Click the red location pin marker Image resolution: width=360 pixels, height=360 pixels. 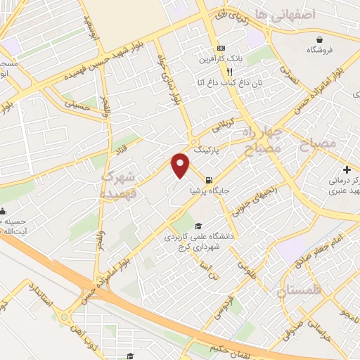pyautogui.click(x=181, y=166)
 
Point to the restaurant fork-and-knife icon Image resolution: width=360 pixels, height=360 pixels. pyautogui.click(x=229, y=71)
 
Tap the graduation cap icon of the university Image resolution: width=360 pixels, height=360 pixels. pyautogui.click(x=199, y=226)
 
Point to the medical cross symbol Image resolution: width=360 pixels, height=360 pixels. pyautogui.click(x=347, y=169)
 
